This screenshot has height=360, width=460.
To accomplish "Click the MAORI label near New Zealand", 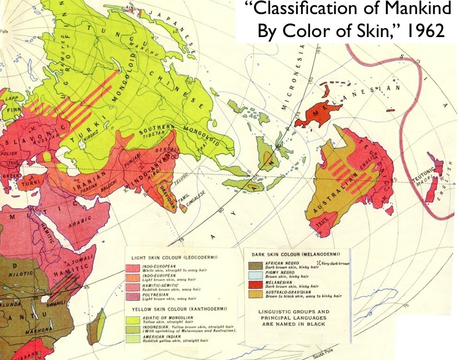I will (423, 184).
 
